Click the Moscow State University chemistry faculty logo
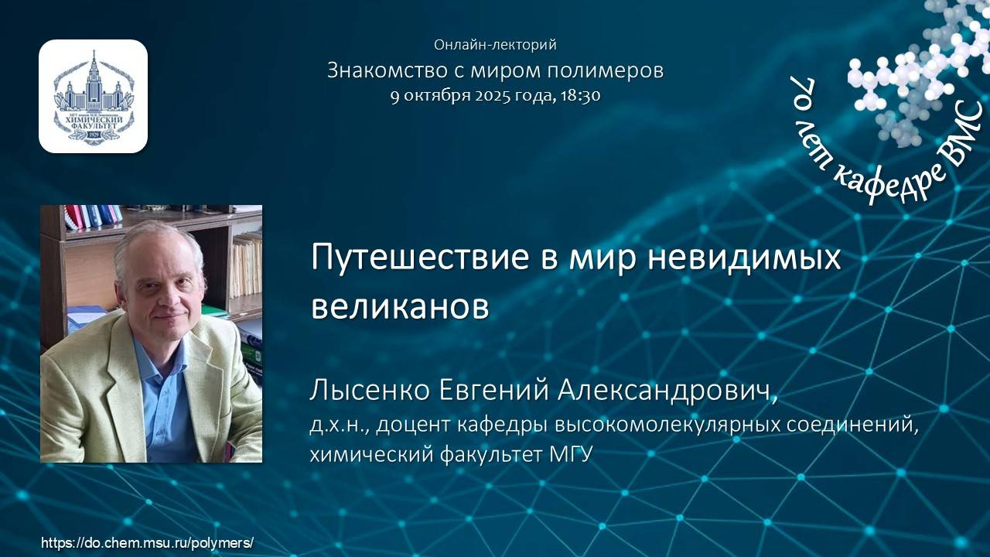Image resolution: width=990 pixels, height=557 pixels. [x=93, y=96]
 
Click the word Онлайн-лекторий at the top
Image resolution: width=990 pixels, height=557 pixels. [x=495, y=45]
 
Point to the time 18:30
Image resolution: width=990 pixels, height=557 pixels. [x=582, y=96]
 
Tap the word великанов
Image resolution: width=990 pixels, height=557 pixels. [x=400, y=306]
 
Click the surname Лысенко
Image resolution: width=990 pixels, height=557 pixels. [x=370, y=391]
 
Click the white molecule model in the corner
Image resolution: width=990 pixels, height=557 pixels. [x=913, y=77]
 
